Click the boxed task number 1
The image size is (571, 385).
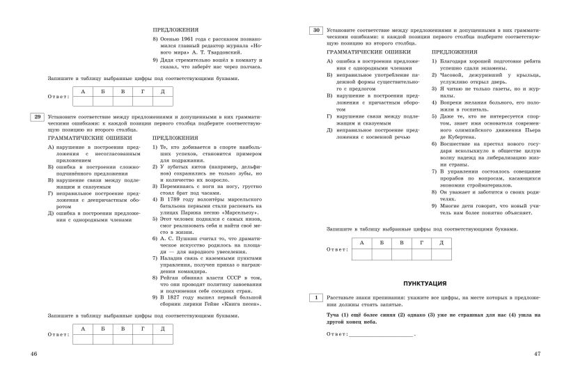click(x=315, y=298)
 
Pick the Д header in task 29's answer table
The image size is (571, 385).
click(x=162, y=327)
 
